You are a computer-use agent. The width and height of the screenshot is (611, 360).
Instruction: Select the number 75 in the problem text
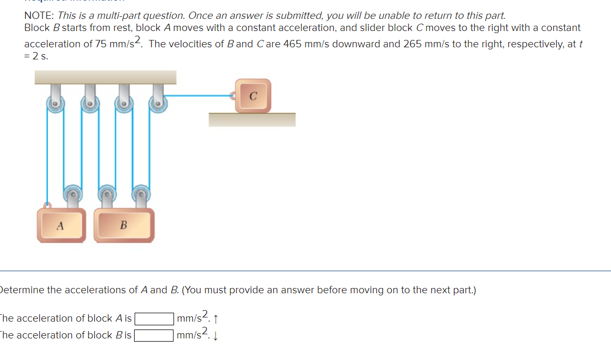pyautogui.click(x=100, y=44)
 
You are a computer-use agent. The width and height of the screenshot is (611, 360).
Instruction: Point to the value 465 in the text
pyautogui.click(x=293, y=44)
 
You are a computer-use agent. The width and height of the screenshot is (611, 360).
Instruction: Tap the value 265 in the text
pyautogui.click(x=412, y=44)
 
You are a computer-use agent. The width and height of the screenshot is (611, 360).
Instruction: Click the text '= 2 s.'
pyautogui.click(x=36, y=57)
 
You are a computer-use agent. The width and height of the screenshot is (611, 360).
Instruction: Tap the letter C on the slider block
pyautogui.click(x=253, y=96)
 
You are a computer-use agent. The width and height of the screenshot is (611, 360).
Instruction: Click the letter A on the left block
pyautogui.click(x=60, y=226)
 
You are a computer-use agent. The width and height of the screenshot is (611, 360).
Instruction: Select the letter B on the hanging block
pyautogui.click(x=124, y=225)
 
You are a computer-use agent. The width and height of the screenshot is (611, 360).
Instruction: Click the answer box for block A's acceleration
pyautogui.click(x=155, y=318)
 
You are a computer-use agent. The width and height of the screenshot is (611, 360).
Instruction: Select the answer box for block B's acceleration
pyautogui.click(x=155, y=335)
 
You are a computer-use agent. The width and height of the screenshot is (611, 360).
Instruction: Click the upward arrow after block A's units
pyautogui.click(x=217, y=318)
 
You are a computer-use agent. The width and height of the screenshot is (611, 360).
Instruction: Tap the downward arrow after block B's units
pyautogui.click(x=217, y=336)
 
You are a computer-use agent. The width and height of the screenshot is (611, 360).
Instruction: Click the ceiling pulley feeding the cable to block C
pyautogui.click(x=157, y=103)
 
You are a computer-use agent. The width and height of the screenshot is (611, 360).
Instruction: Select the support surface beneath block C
pyautogui.click(x=252, y=120)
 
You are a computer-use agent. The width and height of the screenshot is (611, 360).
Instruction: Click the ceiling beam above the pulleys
pyautogui.click(x=105, y=77)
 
